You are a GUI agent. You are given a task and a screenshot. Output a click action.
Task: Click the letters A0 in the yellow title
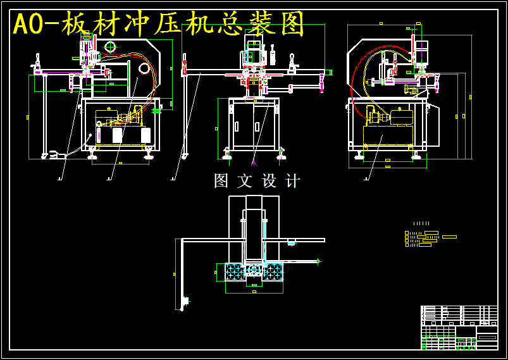point(30,25)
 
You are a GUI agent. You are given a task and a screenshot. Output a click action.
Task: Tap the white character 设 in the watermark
point(269,181)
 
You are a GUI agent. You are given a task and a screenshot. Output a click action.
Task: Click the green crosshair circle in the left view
point(111,46)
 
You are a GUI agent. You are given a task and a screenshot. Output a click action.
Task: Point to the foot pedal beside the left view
point(53,154)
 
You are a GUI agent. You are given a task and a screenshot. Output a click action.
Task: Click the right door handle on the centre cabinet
point(257,127)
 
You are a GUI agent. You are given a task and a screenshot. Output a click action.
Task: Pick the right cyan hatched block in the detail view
point(273,272)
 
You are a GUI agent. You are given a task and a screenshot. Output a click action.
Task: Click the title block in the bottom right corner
point(459,327)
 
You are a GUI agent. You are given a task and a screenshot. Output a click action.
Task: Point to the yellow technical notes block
point(423,238)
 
